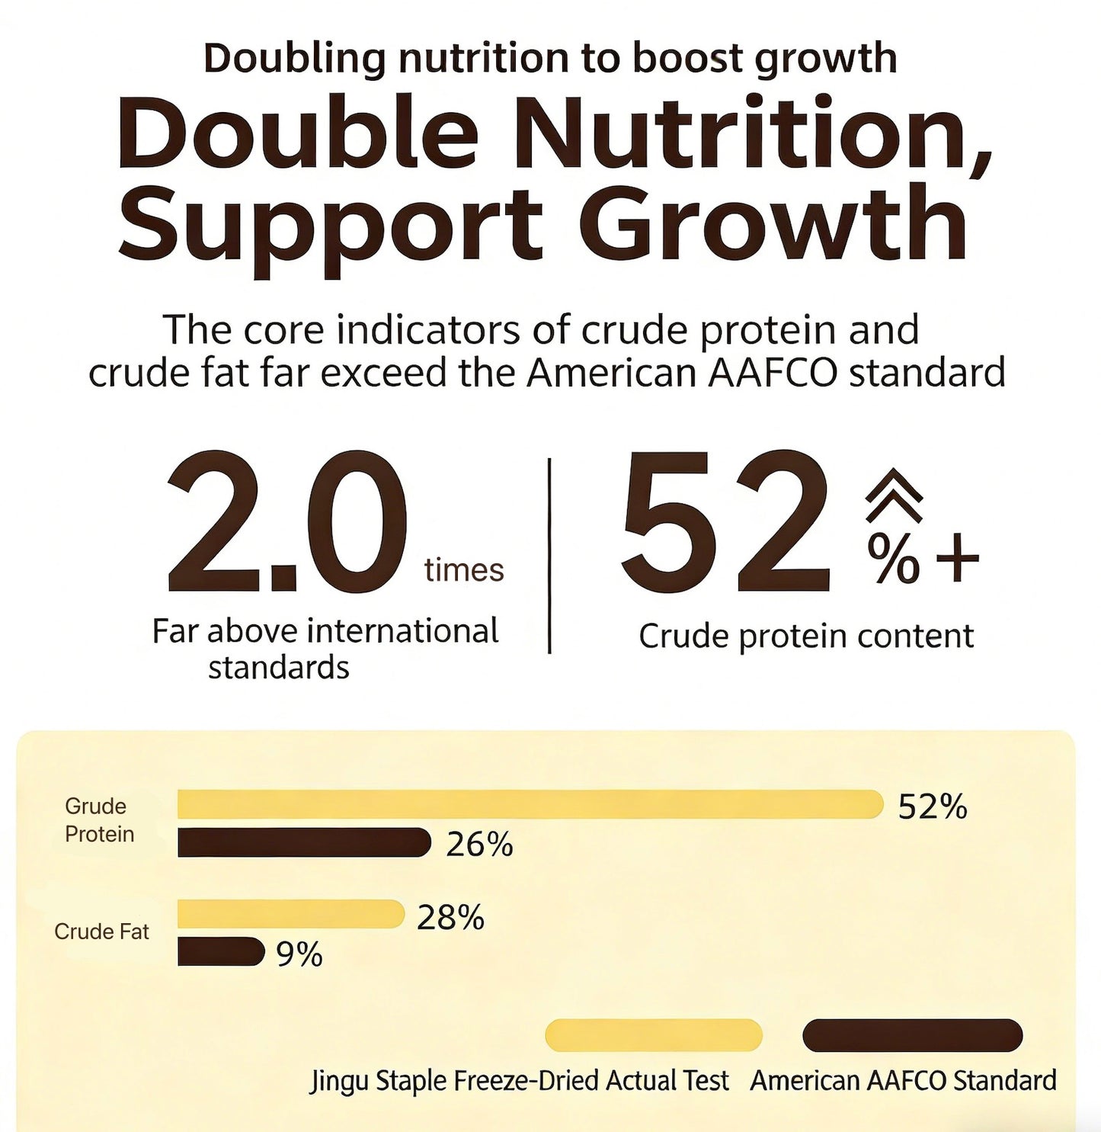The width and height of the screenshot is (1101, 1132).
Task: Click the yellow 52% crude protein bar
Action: [530, 804]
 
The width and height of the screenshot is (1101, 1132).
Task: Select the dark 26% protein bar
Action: [303, 842]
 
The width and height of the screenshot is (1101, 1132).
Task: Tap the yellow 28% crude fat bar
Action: [290, 914]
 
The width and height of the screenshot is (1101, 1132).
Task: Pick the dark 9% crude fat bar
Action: [220, 951]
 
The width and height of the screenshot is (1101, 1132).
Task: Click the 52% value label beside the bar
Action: [933, 807]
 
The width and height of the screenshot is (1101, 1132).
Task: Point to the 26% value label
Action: [479, 845]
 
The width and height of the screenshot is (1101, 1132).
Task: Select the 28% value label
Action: [450, 918]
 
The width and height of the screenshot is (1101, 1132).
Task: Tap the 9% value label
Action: [299, 954]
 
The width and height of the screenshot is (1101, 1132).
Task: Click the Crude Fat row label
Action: [101, 932]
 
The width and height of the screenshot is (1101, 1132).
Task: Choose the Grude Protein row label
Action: [99, 820]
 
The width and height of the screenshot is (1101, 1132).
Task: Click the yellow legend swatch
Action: [654, 1035]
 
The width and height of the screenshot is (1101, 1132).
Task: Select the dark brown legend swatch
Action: [912, 1035]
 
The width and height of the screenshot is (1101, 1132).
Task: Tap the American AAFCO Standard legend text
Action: [903, 1080]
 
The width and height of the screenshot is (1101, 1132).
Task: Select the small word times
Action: [464, 569]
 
